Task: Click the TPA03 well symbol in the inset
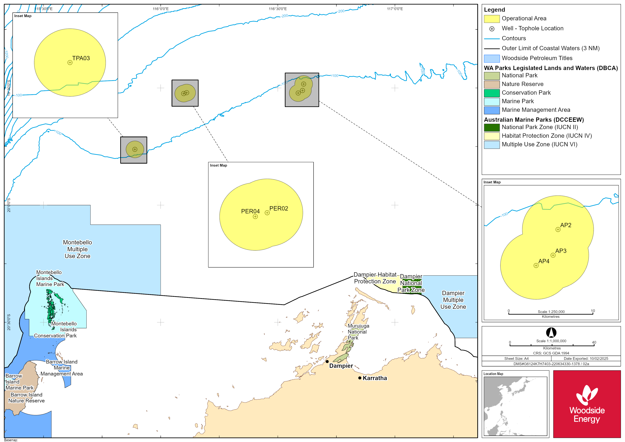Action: (x=70, y=63)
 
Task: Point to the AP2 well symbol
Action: (x=558, y=230)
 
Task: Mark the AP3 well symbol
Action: (x=553, y=255)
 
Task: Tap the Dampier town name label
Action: (x=341, y=366)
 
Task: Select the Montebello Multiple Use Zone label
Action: (x=78, y=249)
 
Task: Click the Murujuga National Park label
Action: (x=358, y=332)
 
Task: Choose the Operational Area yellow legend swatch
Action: (x=492, y=19)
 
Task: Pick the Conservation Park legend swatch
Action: (x=492, y=93)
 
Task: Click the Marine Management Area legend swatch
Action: (x=492, y=110)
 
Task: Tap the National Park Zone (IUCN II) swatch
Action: (x=492, y=127)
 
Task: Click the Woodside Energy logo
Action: (x=587, y=404)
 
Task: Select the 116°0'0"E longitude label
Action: (x=161, y=9)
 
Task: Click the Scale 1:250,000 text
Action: (x=551, y=312)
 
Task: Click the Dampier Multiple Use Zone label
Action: (x=453, y=300)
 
